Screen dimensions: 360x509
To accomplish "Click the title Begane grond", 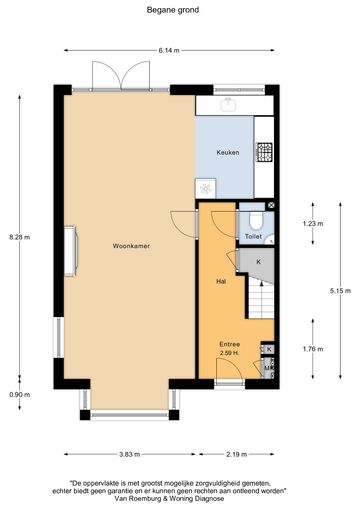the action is [x=173, y=10].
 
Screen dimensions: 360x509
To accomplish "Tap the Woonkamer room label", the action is [x=131, y=246].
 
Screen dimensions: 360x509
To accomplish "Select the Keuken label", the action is [x=228, y=152].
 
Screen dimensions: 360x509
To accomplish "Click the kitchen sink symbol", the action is [x=229, y=104].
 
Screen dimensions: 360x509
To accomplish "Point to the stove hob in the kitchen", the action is [x=264, y=152].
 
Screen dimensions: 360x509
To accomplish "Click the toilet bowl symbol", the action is [x=256, y=222].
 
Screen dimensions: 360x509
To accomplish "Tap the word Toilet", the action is [x=253, y=236].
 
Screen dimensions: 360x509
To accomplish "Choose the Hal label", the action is [x=221, y=281].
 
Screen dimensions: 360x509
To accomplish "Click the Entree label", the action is [x=229, y=344].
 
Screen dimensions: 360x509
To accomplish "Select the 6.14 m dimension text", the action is [x=169, y=51].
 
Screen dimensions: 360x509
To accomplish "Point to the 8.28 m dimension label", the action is [x=20, y=237].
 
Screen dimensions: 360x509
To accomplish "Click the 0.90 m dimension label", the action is [x=20, y=395].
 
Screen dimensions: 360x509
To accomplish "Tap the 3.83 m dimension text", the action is [x=129, y=454].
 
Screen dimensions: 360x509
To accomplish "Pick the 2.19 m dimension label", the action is [x=237, y=454].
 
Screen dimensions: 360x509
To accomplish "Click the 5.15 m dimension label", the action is [x=340, y=291].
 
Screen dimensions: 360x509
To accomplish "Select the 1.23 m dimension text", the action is [x=313, y=223].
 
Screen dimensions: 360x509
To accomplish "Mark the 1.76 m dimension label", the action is [x=313, y=349].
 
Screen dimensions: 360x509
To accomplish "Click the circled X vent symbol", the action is [x=271, y=205].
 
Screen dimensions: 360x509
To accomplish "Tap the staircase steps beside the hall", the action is [x=262, y=299].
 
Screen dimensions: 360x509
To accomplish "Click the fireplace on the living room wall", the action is [x=71, y=251].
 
